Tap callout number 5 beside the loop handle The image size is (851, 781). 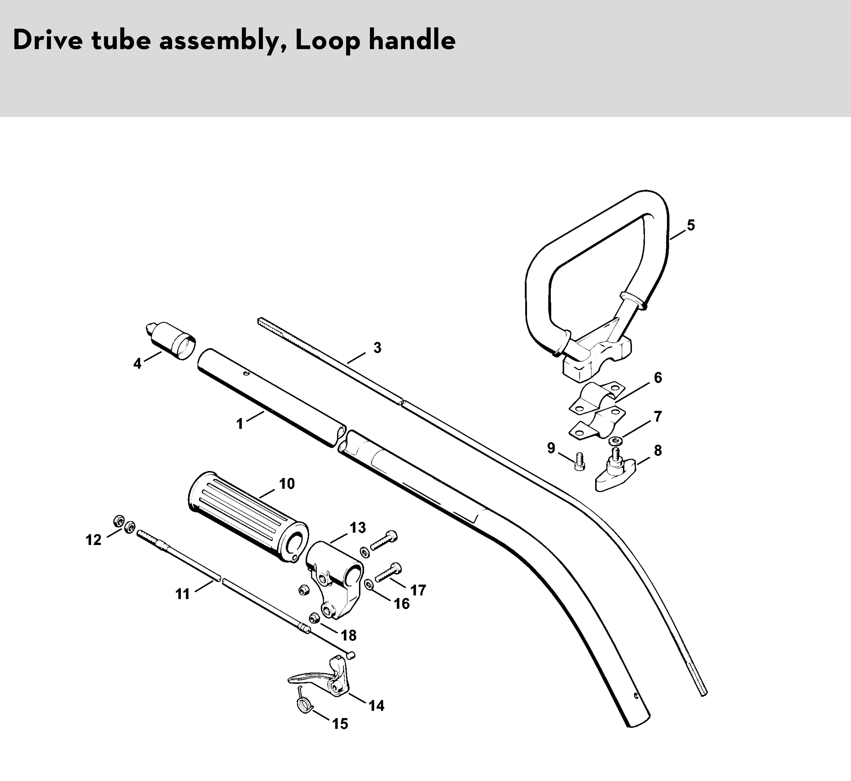[x=690, y=225]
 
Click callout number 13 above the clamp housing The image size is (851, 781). [x=357, y=527]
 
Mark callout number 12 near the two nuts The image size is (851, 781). [x=93, y=540]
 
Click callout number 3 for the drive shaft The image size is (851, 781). [x=377, y=348]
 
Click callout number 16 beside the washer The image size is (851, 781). [x=402, y=604]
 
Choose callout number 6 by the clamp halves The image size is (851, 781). [x=658, y=378]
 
